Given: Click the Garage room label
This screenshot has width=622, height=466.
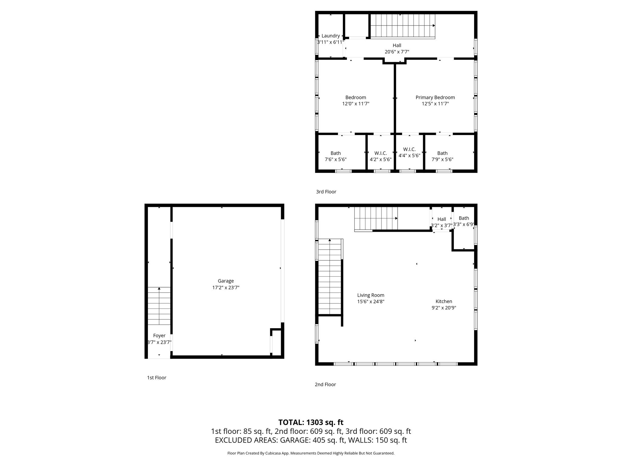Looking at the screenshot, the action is [226, 281].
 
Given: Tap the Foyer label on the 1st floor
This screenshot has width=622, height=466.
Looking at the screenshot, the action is [159, 336].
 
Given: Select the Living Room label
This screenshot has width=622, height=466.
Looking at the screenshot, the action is [371, 295].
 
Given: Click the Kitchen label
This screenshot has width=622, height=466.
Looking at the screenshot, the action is [444, 301].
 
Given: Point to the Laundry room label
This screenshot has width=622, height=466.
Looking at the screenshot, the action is [330, 36].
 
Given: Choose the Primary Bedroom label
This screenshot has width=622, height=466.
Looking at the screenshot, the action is [435, 97].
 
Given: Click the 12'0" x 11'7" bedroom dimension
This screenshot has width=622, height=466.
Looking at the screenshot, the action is [356, 104].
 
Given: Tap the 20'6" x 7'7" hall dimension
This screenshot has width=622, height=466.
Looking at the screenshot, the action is [397, 52].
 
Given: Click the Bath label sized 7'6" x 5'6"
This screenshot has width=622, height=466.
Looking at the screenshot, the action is [336, 153].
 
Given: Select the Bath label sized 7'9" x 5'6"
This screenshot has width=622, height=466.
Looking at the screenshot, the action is [442, 153].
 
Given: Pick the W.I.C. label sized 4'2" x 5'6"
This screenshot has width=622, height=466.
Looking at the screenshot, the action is [381, 153].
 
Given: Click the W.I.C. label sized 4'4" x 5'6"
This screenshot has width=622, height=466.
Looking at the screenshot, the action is [409, 149].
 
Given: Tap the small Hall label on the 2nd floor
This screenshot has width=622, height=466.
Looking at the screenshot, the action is [442, 219].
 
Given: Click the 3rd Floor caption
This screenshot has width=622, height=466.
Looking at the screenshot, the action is [326, 192].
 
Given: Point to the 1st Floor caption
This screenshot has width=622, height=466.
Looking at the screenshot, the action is [157, 378].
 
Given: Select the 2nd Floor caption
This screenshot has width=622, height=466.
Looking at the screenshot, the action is [325, 384].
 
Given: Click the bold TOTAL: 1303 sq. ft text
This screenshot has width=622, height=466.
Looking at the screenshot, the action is [311, 422].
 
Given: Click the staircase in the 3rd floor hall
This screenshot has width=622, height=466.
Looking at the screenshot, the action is [403, 26].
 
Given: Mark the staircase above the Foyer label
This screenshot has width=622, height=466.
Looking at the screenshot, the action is [159, 306].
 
